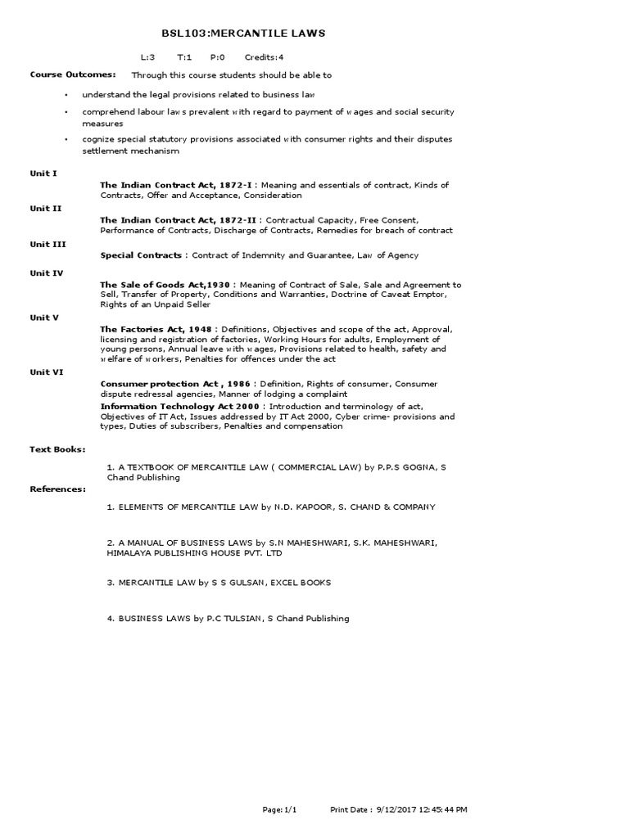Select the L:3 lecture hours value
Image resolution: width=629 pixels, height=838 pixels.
click(147, 57)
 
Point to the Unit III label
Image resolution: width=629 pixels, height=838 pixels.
click(48, 244)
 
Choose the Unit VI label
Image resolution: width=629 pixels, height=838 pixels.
click(47, 372)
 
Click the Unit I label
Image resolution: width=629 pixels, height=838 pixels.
click(43, 173)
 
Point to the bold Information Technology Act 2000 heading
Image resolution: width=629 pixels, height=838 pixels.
click(179, 406)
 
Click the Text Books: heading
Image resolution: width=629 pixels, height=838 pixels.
click(57, 449)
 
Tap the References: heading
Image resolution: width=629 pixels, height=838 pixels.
click(57, 489)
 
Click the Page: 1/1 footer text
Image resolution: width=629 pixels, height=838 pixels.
click(279, 809)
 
